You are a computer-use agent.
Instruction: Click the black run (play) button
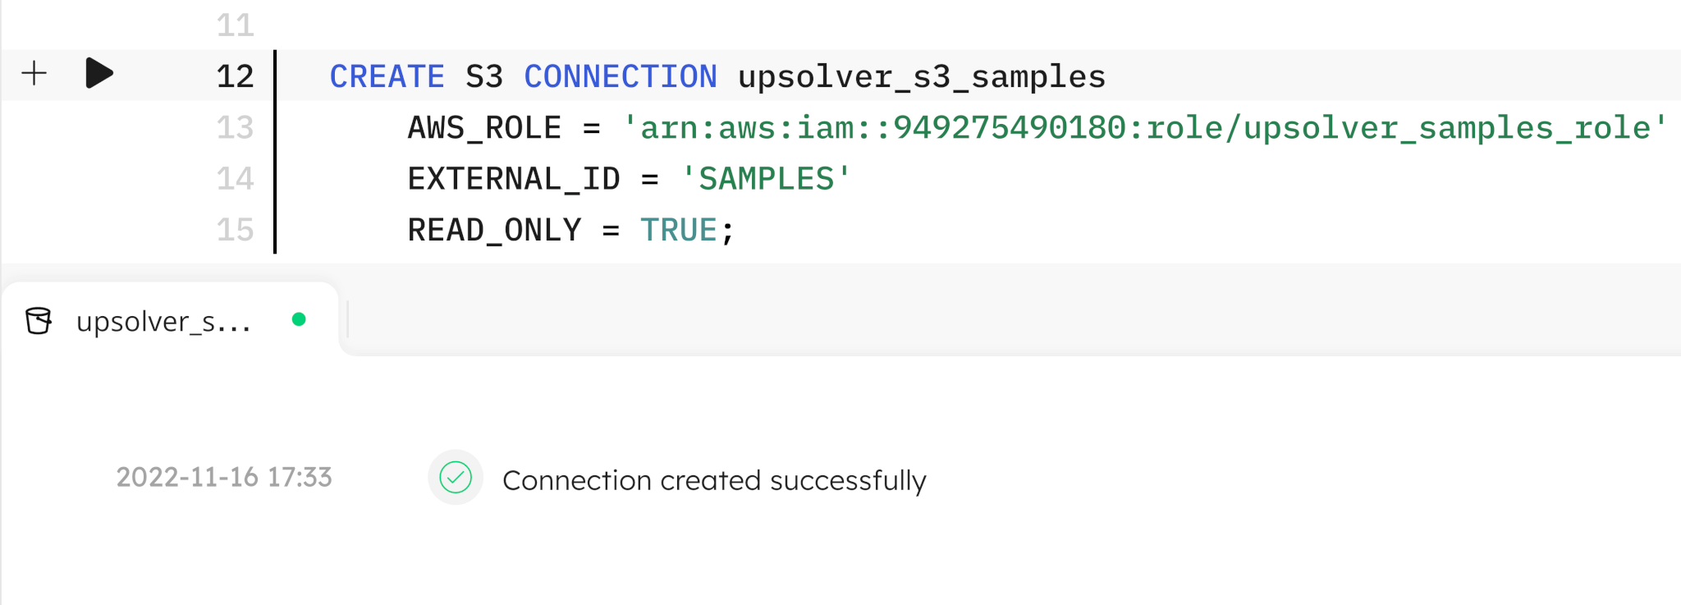(x=98, y=73)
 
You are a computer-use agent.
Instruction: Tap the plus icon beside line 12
(x=34, y=73)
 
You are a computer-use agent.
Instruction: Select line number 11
(x=236, y=25)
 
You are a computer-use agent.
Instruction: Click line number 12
(x=236, y=76)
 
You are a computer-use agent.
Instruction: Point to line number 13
(x=236, y=127)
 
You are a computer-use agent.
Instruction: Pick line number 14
(x=236, y=179)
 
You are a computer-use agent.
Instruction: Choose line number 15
(x=236, y=230)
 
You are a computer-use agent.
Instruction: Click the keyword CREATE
(x=387, y=76)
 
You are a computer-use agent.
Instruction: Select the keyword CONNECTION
(x=621, y=76)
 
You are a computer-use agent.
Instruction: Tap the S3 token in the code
(x=484, y=76)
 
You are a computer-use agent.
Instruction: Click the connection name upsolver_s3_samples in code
(x=922, y=77)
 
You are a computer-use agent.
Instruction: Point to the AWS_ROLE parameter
(x=484, y=128)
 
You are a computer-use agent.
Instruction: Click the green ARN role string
(x=1146, y=128)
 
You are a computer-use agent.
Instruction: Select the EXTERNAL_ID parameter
(x=514, y=179)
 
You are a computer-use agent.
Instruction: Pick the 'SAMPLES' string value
(x=767, y=179)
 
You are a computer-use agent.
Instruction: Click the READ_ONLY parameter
(x=495, y=231)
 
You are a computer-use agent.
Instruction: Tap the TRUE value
(x=679, y=230)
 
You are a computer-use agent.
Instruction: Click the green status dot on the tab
(x=299, y=319)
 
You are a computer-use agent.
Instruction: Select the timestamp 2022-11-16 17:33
(x=224, y=477)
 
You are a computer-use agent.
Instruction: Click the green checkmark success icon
(x=456, y=477)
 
